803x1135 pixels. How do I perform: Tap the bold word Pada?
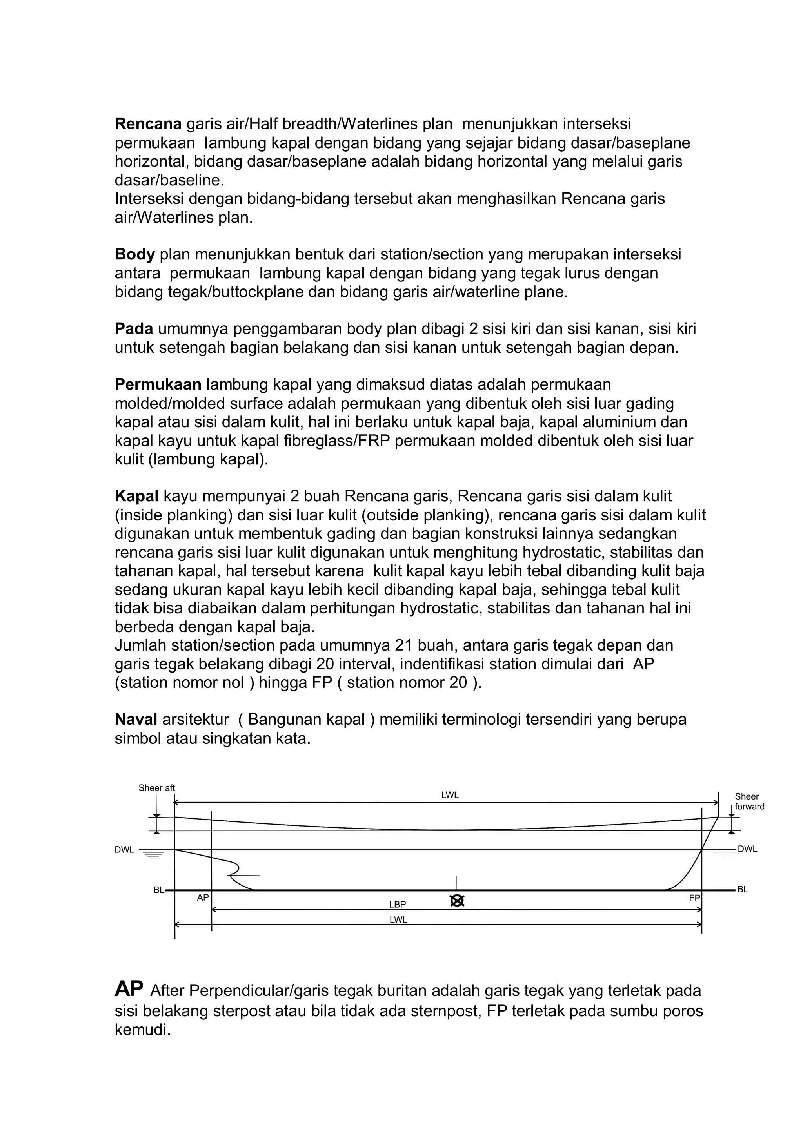tap(134, 329)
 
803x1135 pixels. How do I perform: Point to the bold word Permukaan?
tap(158, 384)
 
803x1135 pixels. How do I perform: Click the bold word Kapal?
tap(136, 496)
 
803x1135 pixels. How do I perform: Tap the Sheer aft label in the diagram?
tap(157, 788)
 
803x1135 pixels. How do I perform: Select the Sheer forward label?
tap(749, 801)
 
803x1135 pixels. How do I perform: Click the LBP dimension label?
tap(398, 904)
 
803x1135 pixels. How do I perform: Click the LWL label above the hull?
tap(450, 795)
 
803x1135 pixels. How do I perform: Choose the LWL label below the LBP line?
tap(398, 920)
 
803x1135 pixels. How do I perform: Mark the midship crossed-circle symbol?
tap(458, 901)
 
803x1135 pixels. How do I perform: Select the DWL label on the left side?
tap(125, 850)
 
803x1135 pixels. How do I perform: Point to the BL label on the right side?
tap(743, 889)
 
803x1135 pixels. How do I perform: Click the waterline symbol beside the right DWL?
tap(725, 854)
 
